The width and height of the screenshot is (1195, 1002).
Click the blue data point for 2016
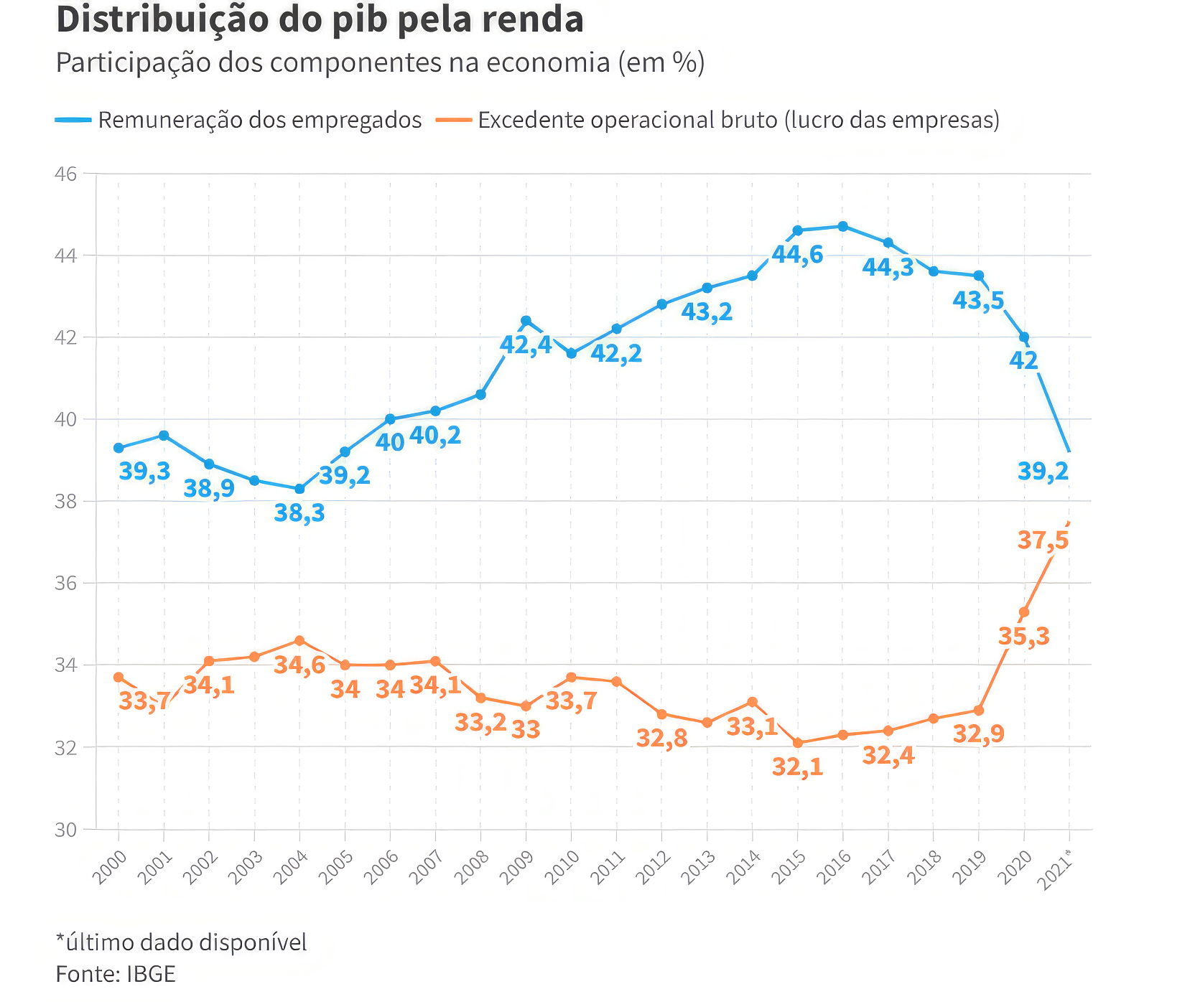coord(843,226)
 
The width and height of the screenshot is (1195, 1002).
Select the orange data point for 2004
coord(299,640)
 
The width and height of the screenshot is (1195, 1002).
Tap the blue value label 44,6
coord(797,254)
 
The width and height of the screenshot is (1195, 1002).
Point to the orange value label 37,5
coord(1043,540)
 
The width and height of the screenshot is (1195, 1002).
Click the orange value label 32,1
coord(797,767)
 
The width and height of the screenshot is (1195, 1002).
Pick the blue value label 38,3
coord(299,513)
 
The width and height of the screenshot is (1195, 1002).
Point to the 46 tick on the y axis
coord(65,174)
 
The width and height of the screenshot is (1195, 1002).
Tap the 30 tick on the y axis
coord(65,830)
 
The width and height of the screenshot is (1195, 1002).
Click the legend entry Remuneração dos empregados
coord(259,120)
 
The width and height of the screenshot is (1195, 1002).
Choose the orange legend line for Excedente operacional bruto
coord(454,120)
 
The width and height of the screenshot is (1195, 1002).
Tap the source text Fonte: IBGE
coord(116,974)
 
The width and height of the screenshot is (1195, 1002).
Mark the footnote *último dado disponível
coord(181,942)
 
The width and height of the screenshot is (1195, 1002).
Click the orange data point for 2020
coord(1024,612)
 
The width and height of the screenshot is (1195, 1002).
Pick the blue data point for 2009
coord(526,320)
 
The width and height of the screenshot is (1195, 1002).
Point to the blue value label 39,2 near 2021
coord(1043,472)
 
